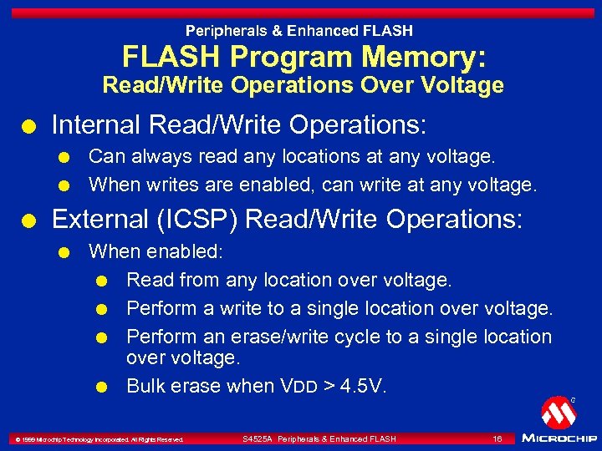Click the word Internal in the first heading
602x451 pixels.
(x=94, y=126)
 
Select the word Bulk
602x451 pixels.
(x=145, y=386)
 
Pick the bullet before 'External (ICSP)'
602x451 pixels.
(x=30, y=221)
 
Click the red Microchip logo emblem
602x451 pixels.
(x=557, y=412)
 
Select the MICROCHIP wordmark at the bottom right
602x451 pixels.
(x=559, y=438)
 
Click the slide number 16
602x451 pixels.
(x=497, y=438)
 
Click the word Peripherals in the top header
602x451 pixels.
(x=224, y=31)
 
